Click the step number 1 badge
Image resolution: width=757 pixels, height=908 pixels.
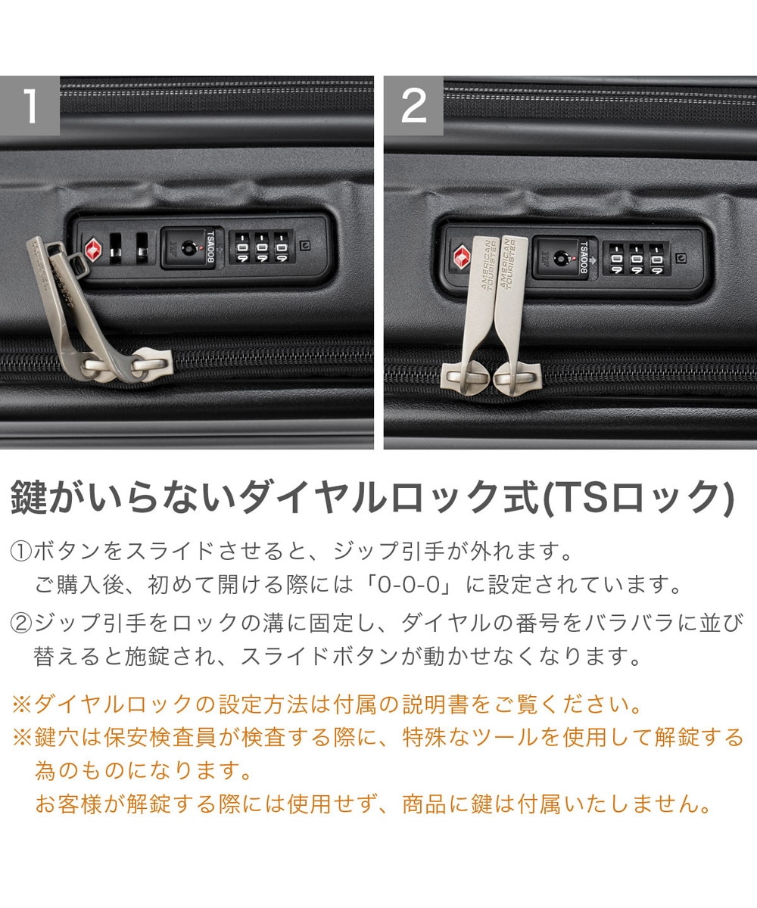tap(30, 105)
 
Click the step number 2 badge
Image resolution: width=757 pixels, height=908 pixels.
tap(413, 105)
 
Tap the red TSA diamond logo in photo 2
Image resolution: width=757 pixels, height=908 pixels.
tap(462, 257)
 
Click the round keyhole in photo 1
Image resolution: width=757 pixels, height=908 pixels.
tap(188, 248)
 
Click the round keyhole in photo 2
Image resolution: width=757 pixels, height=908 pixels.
tap(560, 259)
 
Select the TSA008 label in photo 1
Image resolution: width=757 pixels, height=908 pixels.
tap(210, 247)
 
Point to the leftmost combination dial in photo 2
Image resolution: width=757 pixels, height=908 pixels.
tap(616, 260)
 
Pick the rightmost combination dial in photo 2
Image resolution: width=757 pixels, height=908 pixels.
tap(656, 260)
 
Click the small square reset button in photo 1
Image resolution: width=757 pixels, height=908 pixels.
tap(305, 246)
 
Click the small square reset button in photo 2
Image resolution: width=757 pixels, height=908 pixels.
tap(682, 258)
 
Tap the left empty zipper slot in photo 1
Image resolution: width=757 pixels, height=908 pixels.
tap(116, 247)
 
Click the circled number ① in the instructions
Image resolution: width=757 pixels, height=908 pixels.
tap(21, 552)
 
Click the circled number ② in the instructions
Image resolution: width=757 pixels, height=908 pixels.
tap(21, 623)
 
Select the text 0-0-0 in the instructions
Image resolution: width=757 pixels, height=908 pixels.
tap(409, 585)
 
